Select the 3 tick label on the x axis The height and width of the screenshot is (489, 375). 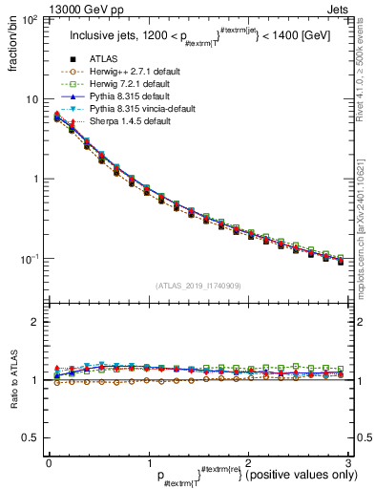[x=348, y=462]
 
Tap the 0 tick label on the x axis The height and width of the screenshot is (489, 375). [x=49, y=462]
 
